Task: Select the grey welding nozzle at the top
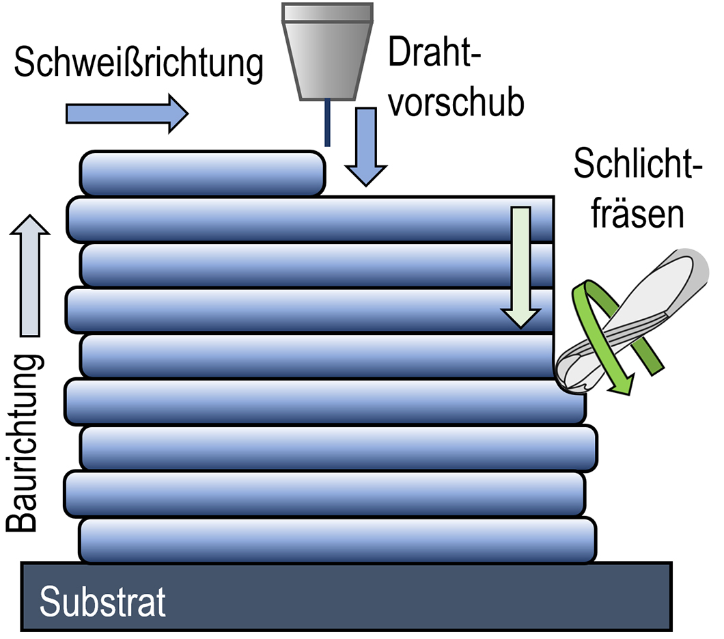(x=327, y=51)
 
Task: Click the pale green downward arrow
(x=521, y=267)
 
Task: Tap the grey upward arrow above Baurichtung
(x=30, y=273)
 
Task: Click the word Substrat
(x=102, y=601)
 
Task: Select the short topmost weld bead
(x=202, y=174)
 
